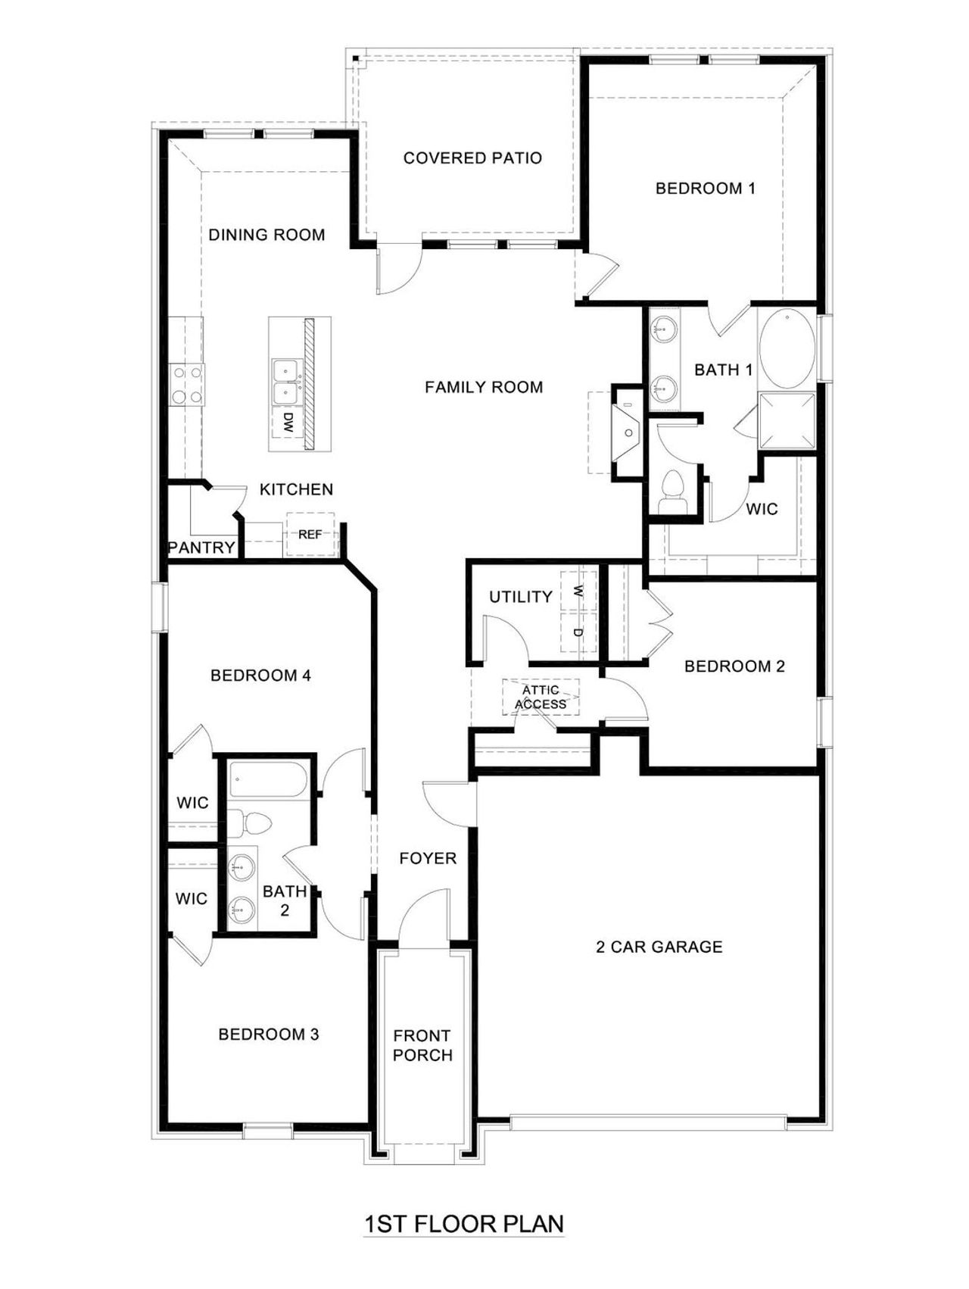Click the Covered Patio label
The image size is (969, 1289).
[x=472, y=158]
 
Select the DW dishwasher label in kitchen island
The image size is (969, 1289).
[x=288, y=423]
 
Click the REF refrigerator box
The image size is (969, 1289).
[x=310, y=535]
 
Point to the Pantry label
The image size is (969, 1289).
[x=201, y=548]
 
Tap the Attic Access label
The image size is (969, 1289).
[x=541, y=698]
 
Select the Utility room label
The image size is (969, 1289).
[x=521, y=597]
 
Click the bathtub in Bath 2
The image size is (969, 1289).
[x=268, y=780]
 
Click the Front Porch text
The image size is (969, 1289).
[x=422, y=1045]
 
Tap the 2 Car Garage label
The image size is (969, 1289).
[x=659, y=947]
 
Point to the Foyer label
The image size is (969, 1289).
[x=428, y=858]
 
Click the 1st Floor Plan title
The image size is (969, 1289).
[x=463, y=1224]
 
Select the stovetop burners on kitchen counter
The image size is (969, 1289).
[x=187, y=384]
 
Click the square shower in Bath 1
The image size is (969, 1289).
[x=787, y=421]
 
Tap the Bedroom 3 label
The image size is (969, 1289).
[x=269, y=1035]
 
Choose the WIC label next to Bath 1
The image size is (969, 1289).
[x=762, y=509]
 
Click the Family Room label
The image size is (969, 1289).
[x=484, y=388]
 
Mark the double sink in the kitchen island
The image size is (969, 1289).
[x=285, y=381]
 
